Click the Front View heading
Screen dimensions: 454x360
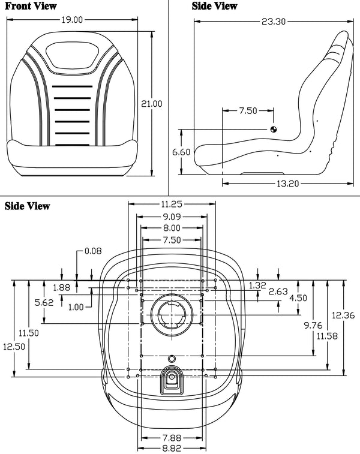(x=31, y=7)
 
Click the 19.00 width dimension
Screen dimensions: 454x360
(x=73, y=20)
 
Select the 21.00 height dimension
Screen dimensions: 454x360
(x=151, y=104)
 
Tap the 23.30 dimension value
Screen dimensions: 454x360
(x=273, y=22)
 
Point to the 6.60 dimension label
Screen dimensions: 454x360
(x=181, y=152)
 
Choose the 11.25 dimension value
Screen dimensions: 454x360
(x=172, y=205)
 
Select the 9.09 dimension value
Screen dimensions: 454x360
(x=172, y=216)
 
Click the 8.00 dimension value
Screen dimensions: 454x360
(x=172, y=228)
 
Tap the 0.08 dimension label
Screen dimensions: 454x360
(x=94, y=250)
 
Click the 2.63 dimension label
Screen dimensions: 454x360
(x=278, y=291)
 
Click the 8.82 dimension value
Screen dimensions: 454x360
(x=172, y=447)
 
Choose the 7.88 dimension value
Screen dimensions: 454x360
(x=172, y=437)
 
